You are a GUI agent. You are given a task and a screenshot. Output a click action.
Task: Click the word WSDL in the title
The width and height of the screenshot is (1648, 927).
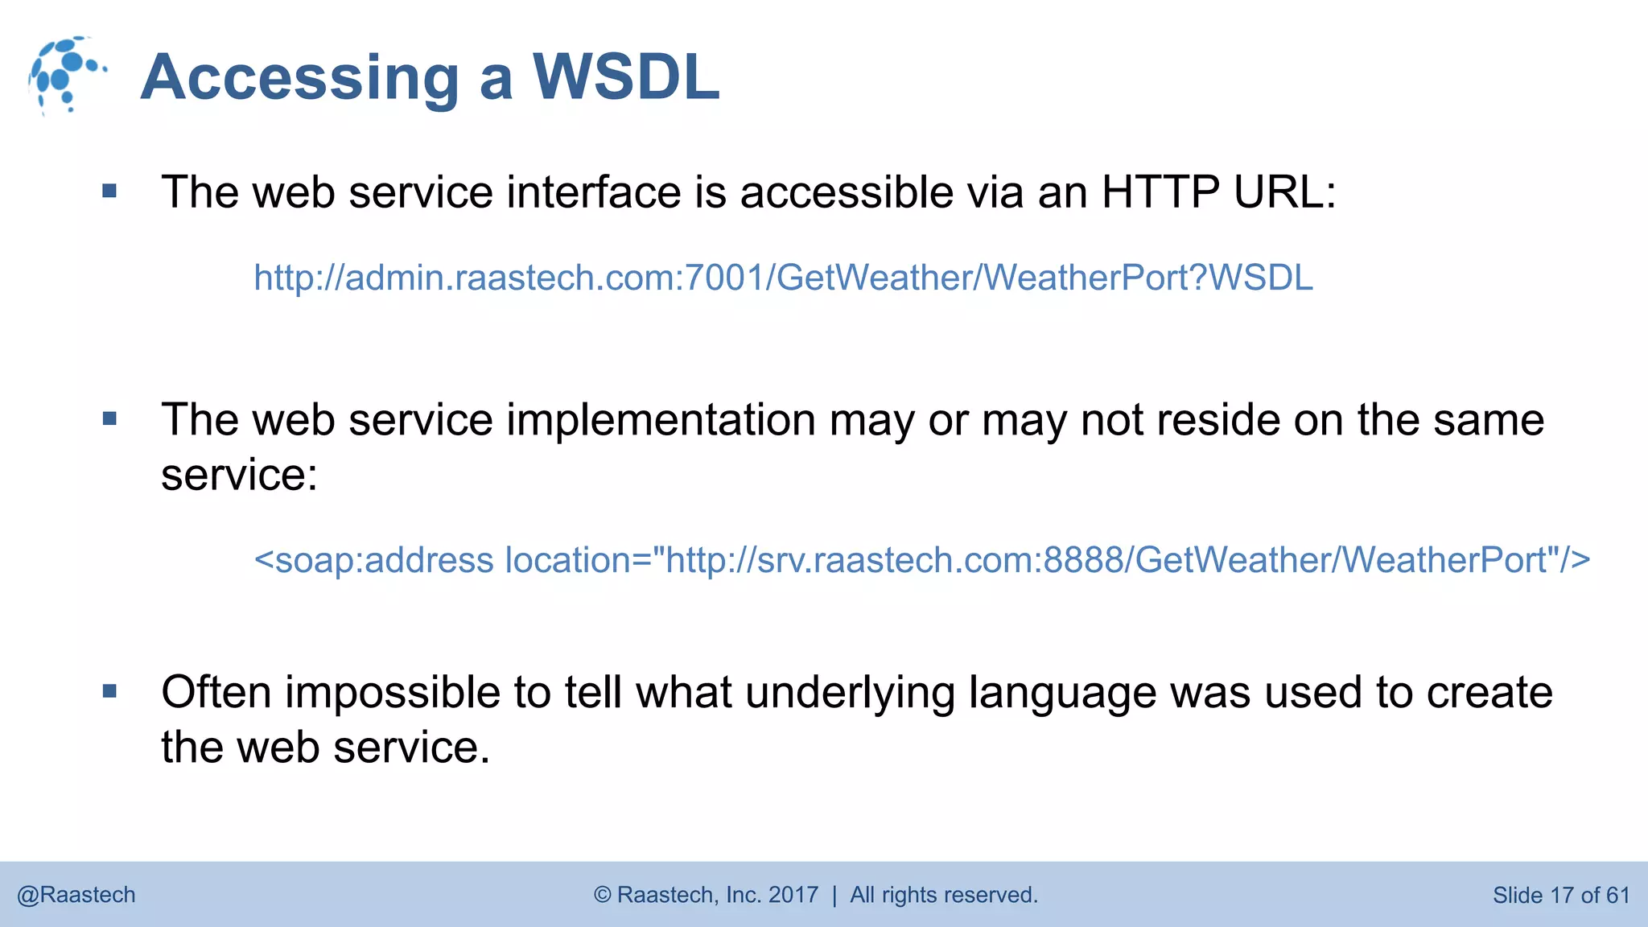[x=626, y=77]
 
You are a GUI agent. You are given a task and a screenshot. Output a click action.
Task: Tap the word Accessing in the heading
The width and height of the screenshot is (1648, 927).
[x=299, y=79]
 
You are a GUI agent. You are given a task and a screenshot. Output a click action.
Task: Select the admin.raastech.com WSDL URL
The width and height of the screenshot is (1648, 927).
[x=783, y=278]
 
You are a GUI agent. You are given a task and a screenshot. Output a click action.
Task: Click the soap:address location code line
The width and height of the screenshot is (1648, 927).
[x=921, y=560]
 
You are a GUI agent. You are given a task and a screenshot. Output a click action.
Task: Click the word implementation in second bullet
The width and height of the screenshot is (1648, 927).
[x=661, y=420]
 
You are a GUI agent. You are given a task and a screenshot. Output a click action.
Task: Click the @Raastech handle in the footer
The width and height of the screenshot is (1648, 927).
[x=76, y=895]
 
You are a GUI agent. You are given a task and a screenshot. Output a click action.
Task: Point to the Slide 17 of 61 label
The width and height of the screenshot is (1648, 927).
[x=1560, y=895]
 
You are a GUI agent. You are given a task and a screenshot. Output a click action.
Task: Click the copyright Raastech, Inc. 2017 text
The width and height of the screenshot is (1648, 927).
[x=706, y=895]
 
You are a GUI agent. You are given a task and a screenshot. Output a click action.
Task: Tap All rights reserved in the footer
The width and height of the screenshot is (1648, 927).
[x=943, y=895]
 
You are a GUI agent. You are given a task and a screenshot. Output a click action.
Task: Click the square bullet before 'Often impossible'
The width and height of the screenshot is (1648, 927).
[x=110, y=691]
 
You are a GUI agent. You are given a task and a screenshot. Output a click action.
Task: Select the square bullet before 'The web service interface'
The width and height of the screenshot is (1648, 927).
[x=110, y=192]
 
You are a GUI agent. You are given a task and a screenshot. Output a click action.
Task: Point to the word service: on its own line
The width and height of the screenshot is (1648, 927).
[x=239, y=475]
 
